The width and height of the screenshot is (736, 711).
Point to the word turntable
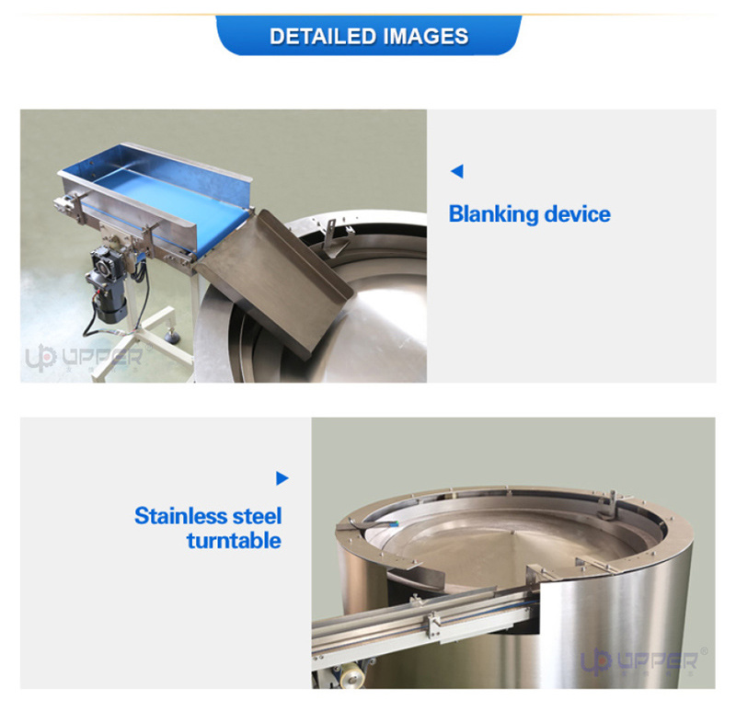coord(234,540)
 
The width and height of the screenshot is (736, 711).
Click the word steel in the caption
coord(255,515)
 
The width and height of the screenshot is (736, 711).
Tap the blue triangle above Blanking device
coord(456,171)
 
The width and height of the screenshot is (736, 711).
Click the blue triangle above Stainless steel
coord(282,478)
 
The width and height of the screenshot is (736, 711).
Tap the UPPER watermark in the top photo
coord(83,357)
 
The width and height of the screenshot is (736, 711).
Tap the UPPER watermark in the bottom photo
coord(644,660)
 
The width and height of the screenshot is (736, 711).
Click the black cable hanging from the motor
coord(92,322)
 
